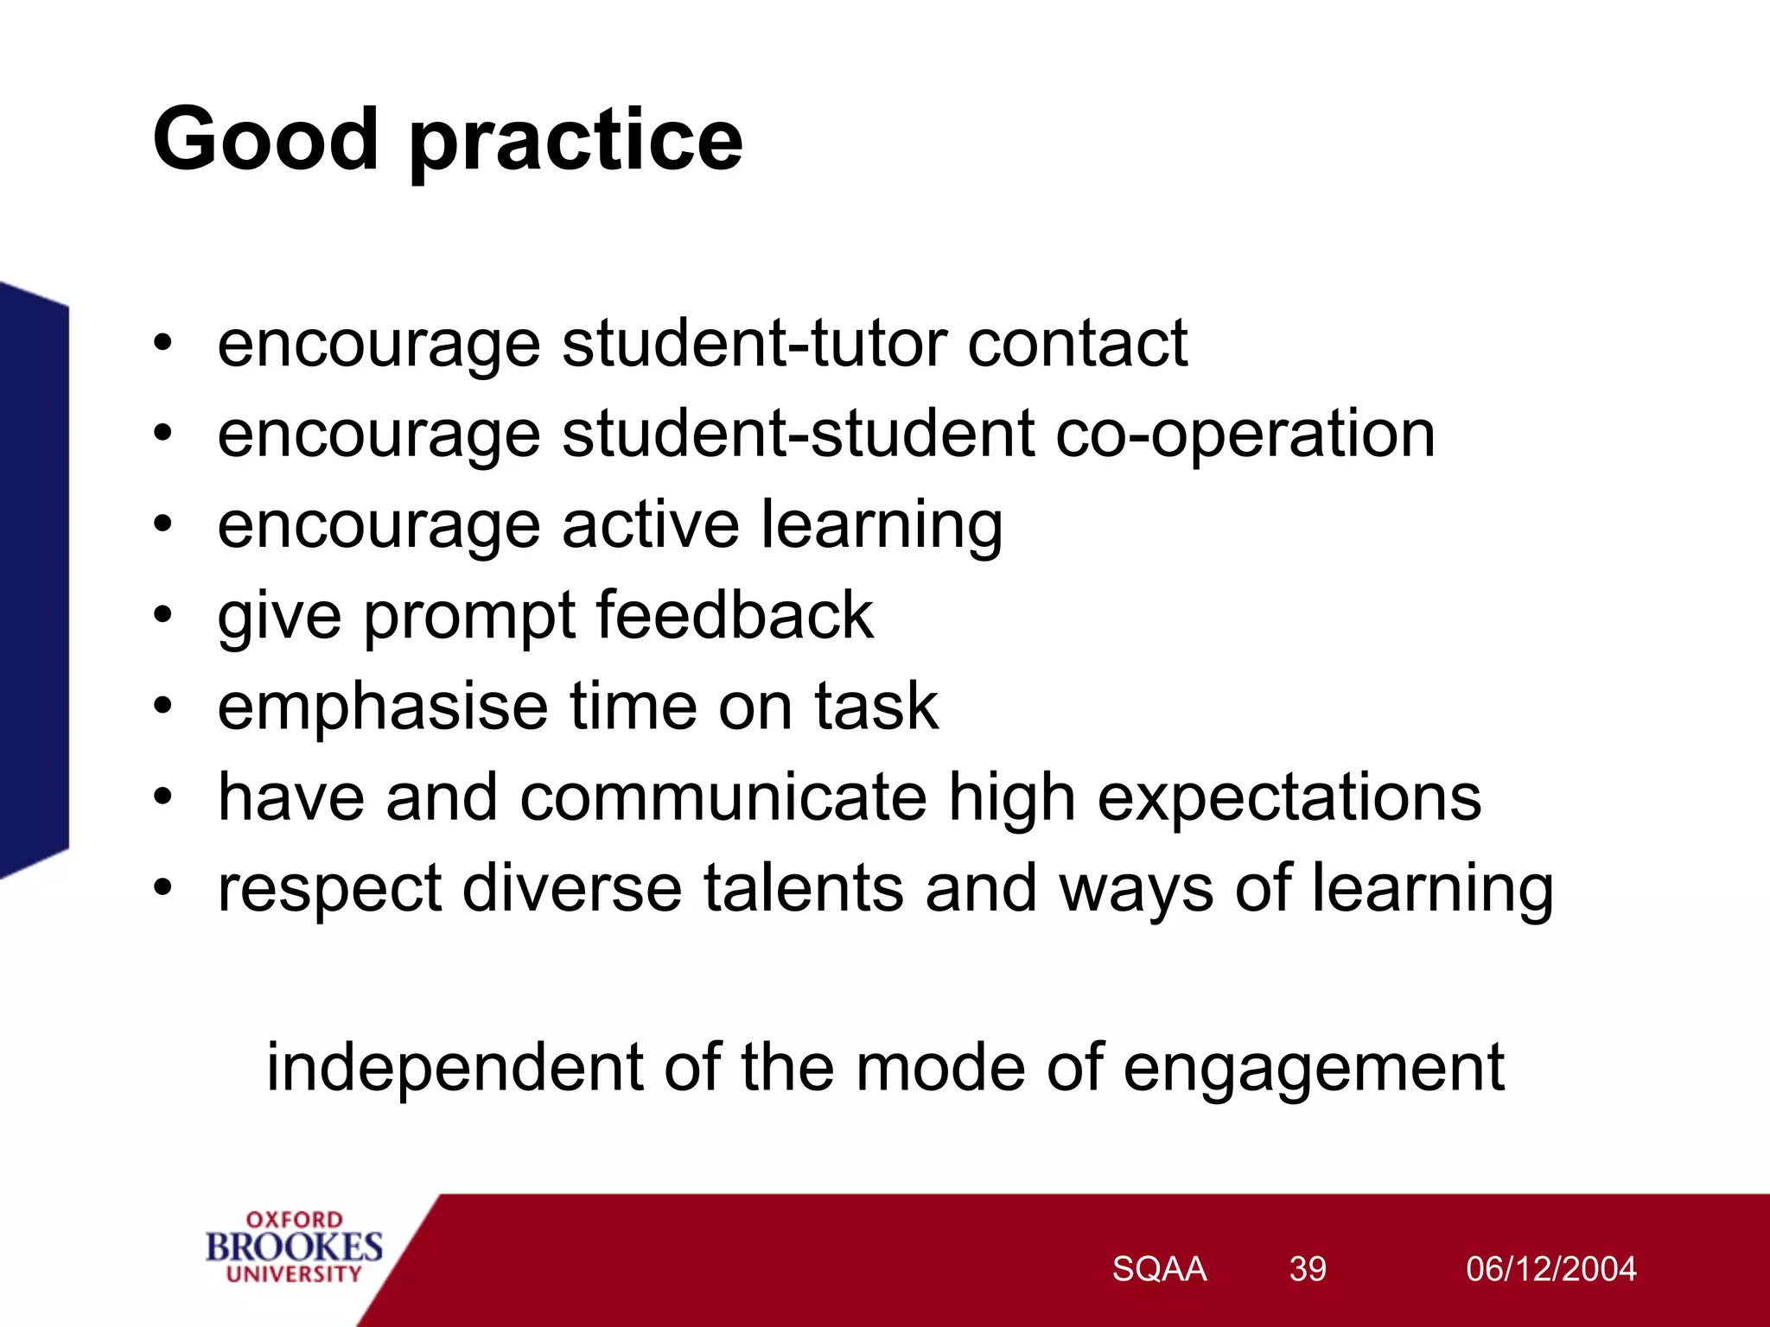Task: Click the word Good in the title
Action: pos(265,140)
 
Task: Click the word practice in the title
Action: pos(576,143)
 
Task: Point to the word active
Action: pos(650,524)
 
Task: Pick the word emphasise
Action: pos(382,707)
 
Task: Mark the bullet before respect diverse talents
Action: pos(163,887)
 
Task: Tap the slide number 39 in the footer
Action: pos(1307,1269)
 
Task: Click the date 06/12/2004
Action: pos(1550,1269)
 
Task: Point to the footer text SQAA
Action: pos(1158,1269)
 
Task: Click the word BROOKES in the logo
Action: pos(294,1247)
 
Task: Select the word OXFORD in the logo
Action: pos(294,1220)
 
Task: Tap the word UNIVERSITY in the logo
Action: pos(294,1274)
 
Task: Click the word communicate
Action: pos(723,797)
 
